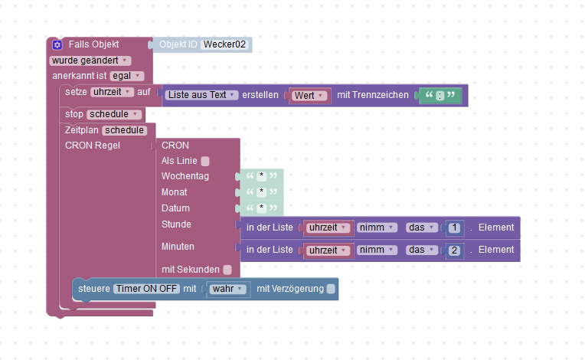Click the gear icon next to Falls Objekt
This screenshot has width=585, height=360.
pyautogui.click(x=57, y=45)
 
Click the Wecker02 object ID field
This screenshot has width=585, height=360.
pyautogui.click(x=226, y=45)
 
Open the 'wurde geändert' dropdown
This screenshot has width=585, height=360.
pyautogui.click(x=90, y=61)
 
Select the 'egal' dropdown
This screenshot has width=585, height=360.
pyautogui.click(x=126, y=76)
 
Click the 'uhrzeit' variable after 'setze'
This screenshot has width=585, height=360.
pyautogui.click(x=112, y=92)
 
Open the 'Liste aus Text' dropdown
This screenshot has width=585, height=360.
pyautogui.click(x=201, y=95)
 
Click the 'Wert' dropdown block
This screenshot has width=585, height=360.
pyautogui.click(x=310, y=95)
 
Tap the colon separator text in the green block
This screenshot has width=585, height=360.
pyautogui.click(x=440, y=96)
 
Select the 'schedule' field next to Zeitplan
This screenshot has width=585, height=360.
pyautogui.click(x=125, y=130)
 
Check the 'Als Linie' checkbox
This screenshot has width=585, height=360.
pyautogui.click(x=205, y=161)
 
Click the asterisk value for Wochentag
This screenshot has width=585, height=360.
pyautogui.click(x=261, y=176)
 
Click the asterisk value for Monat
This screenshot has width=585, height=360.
pyautogui.click(x=261, y=192)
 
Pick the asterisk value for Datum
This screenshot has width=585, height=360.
pyautogui.click(x=261, y=208)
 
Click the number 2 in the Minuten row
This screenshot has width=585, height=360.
pyautogui.click(x=454, y=250)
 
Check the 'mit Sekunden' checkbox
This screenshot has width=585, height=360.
pyautogui.click(x=227, y=270)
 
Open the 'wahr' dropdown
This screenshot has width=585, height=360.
pyautogui.click(x=228, y=289)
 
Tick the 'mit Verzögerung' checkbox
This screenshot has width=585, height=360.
pyautogui.click(x=331, y=289)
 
